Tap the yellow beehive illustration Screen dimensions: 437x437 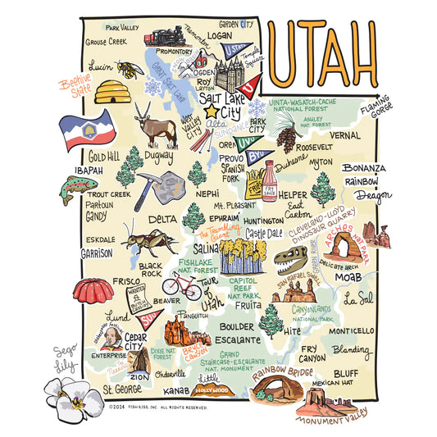(112, 91)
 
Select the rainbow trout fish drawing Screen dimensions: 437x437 (78, 188)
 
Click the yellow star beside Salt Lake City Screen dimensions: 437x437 (211, 110)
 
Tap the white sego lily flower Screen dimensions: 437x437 (73, 399)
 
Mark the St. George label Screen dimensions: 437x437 (123, 389)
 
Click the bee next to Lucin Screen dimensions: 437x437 (130, 67)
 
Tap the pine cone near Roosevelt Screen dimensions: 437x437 (286, 136)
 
